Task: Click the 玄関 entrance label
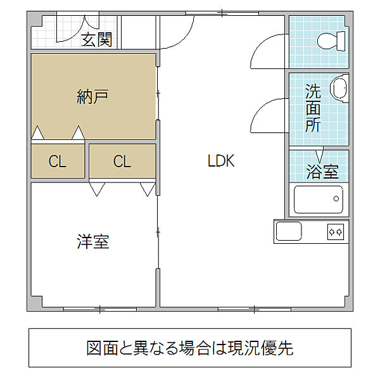(x=97, y=40)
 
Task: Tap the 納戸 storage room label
(x=92, y=97)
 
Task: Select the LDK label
(x=221, y=161)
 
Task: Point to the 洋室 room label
(x=93, y=241)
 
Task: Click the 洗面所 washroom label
(x=313, y=108)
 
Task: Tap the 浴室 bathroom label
(x=322, y=172)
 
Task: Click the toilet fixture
(x=331, y=41)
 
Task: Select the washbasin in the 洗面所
(x=339, y=89)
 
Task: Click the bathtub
(x=319, y=199)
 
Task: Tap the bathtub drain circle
(x=336, y=199)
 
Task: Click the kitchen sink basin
(x=289, y=231)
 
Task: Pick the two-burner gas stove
(x=336, y=232)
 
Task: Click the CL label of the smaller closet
(x=58, y=161)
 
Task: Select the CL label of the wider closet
(x=122, y=161)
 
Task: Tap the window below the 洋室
(x=100, y=309)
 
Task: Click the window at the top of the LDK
(x=222, y=13)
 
